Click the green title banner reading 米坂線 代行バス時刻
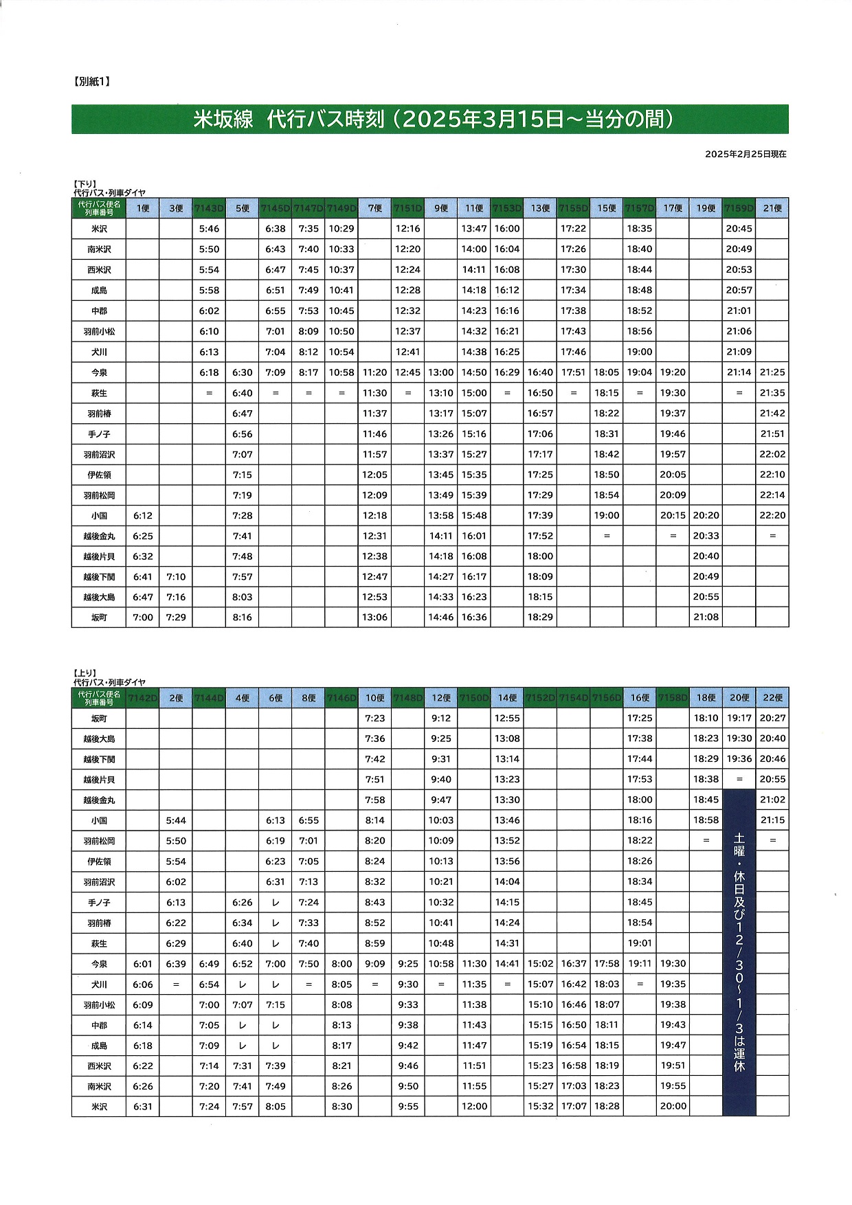pyautogui.click(x=430, y=120)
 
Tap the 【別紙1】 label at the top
pyautogui.click(x=91, y=81)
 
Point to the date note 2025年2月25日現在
pyautogui.click(x=745, y=154)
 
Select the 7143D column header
pyautogui.click(x=209, y=208)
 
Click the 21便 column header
pyautogui.click(x=772, y=208)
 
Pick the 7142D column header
pyautogui.click(x=143, y=698)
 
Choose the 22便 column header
pyautogui.click(x=772, y=698)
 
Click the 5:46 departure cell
pyautogui.click(x=209, y=229)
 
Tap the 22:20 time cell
pyautogui.click(x=772, y=515)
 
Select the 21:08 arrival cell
pyautogui.click(x=706, y=617)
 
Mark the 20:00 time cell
pyautogui.click(x=673, y=1106)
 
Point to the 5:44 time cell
pyautogui.click(x=176, y=820)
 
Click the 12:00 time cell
pyautogui.click(x=474, y=1106)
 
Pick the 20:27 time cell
pyautogui.click(x=772, y=718)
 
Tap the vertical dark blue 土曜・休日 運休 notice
pyautogui.click(x=739, y=951)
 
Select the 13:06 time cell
pyautogui.click(x=374, y=617)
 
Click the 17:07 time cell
pyautogui.click(x=574, y=1106)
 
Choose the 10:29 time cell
pyautogui.click(x=341, y=229)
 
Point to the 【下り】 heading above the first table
pyautogui.click(x=85, y=184)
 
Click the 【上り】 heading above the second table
pyautogui.click(x=85, y=673)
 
